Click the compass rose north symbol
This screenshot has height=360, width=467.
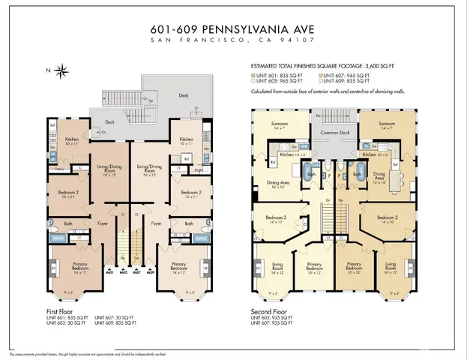coord(62,71)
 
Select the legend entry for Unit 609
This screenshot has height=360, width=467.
coord(350,82)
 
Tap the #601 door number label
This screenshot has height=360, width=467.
coord(109,273)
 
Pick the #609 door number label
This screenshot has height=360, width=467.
coord(150,273)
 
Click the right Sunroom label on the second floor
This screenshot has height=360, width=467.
coord(387,123)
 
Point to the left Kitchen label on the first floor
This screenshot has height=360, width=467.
coord(72,139)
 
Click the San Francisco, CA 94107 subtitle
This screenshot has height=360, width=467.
coord(233,43)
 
